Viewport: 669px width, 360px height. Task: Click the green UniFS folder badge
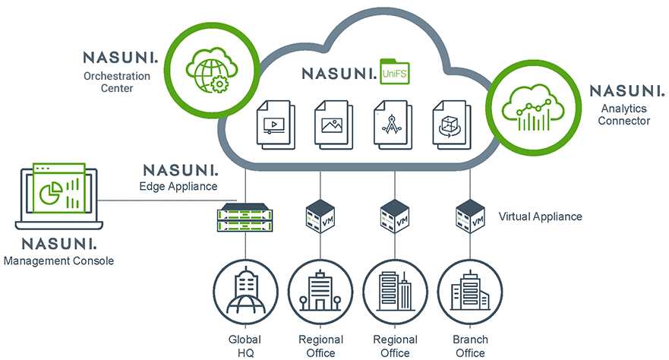coord(395,71)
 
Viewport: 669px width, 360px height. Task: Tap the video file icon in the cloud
coord(276,125)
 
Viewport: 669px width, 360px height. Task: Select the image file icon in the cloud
coord(333,125)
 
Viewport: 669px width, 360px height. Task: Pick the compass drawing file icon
coord(393,125)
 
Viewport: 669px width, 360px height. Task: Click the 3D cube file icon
coord(451,125)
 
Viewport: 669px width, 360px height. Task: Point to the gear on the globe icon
coord(219,84)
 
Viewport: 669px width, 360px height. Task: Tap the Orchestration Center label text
coord(117,82)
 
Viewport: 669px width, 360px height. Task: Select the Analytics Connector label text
coord(623,115)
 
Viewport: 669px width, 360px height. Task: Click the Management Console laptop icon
coord(59,196)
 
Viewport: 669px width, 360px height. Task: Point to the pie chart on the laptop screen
coord(51,193)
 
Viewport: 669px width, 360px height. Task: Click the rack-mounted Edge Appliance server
coord(245,217)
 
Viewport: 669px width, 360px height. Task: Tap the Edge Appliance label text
coord(178,186)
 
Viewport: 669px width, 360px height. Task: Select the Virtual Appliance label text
coord(540,216)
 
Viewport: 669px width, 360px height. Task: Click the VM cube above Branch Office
coord(470,216)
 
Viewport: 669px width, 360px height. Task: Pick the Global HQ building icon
coord(245,292)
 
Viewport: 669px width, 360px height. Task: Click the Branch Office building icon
coord(470,292)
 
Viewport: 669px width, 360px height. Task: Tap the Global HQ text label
coord(245,346)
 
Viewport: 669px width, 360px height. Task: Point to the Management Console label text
coord(59,261)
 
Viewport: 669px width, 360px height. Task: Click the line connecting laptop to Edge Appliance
coord(170,200)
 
